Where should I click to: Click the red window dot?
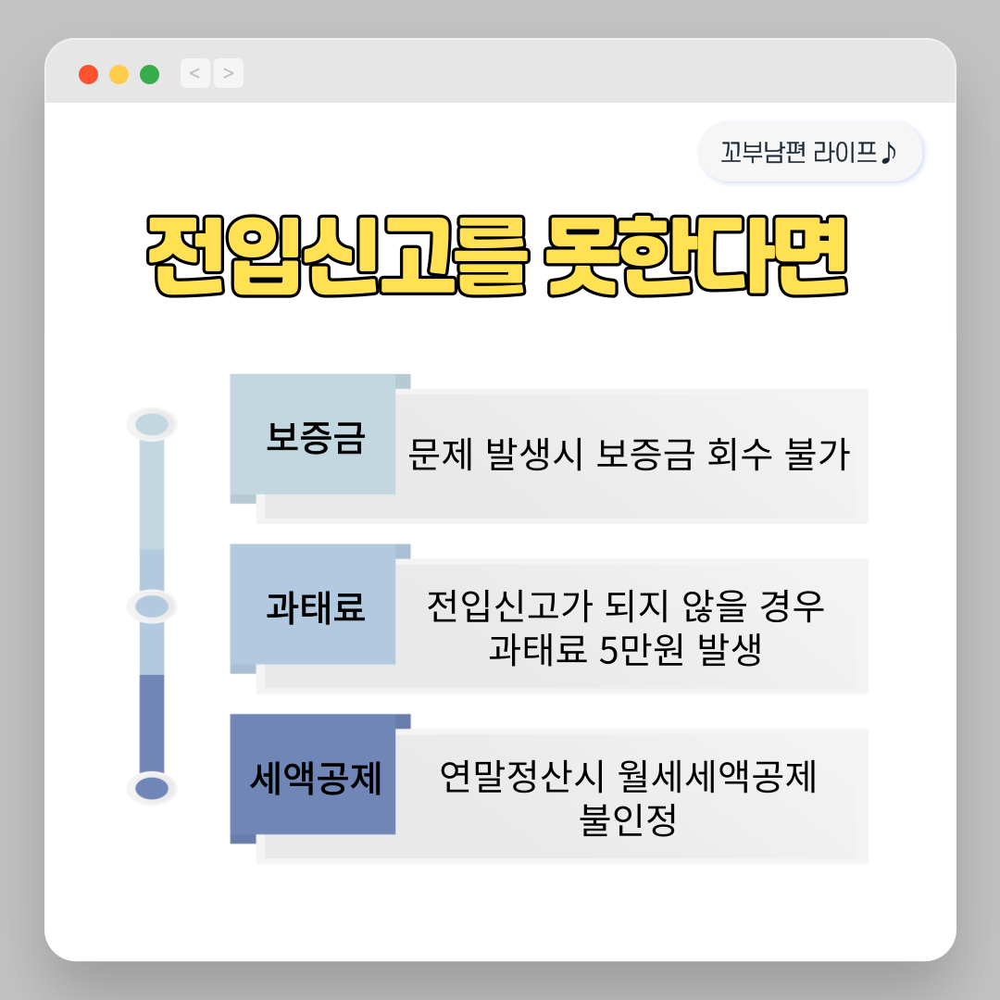coord(89,74)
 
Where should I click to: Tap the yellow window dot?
coord(119,74)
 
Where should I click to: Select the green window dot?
coord(149,74)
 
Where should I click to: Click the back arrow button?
coord(194,72)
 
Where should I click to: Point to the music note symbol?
coord(888,151)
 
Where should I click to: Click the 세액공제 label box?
coord(314,779)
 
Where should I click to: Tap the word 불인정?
coord(628,820)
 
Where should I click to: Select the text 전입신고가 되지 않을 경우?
coord(626,607)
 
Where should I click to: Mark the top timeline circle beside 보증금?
coord(152,425)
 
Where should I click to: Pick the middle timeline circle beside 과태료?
coord(152,606)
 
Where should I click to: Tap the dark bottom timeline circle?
coord(152,789)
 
